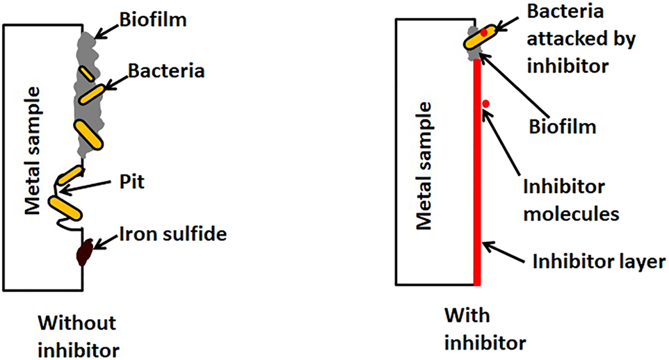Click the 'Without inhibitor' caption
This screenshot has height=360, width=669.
(77, 334)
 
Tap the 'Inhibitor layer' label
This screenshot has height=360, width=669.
(599, 262)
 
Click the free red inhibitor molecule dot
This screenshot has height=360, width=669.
(486, 104)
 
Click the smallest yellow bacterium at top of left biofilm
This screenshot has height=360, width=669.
(87, 72)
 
